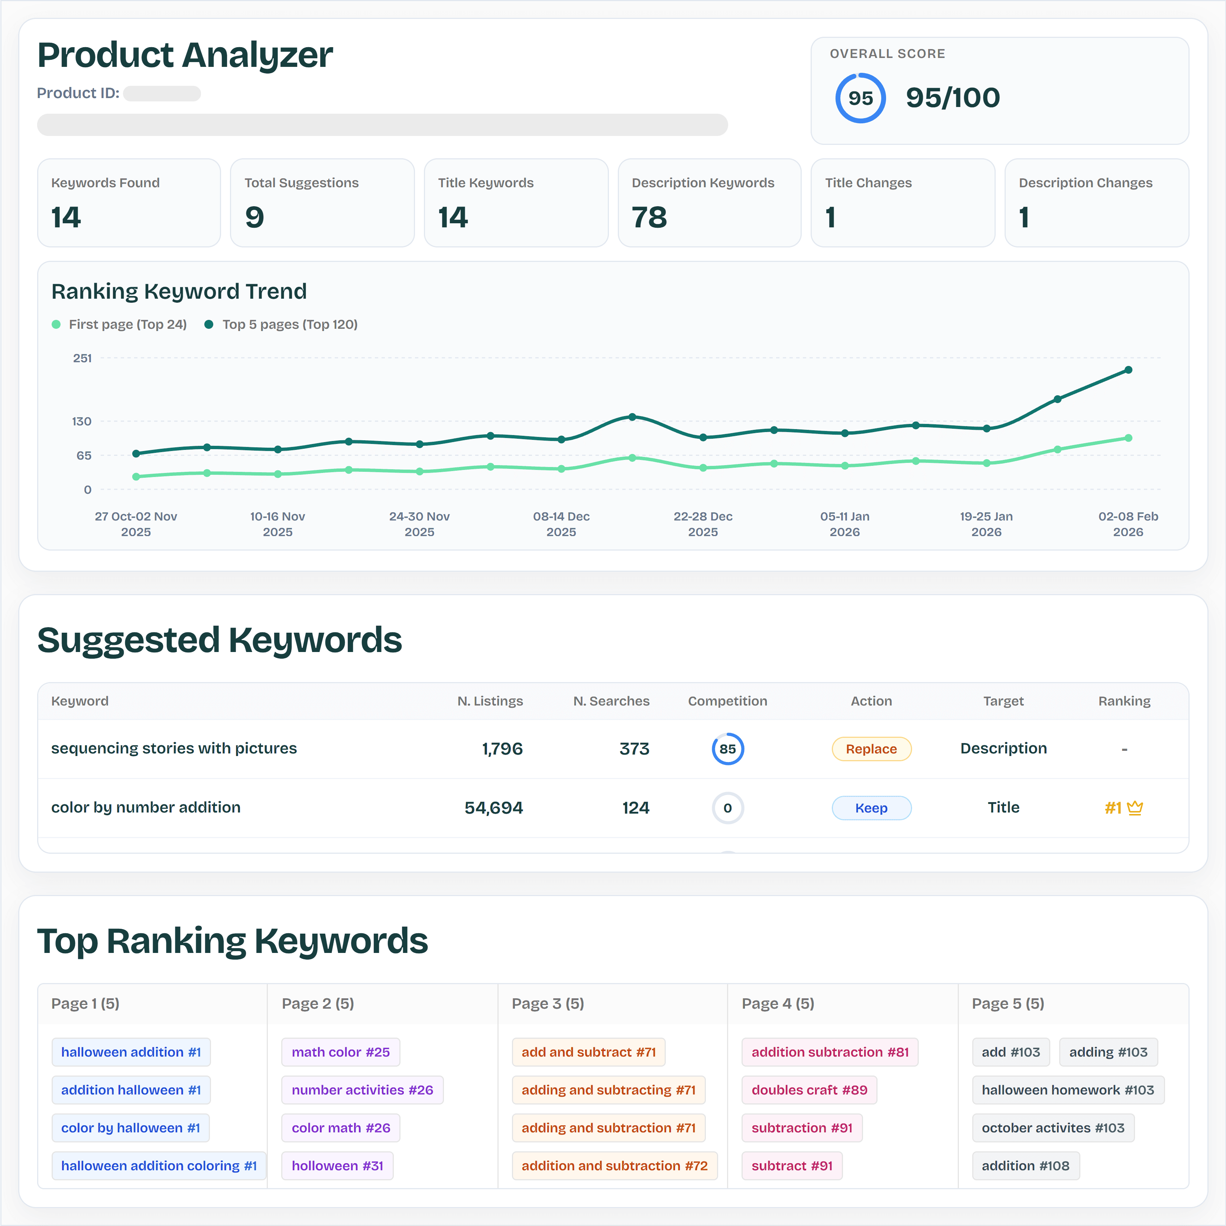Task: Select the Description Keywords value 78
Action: [649, 218]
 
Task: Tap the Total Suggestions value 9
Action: [254, 218]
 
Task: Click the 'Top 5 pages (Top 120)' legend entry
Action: [281, 324]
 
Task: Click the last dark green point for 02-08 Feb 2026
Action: [1128, 370]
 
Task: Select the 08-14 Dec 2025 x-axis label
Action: [561, 524]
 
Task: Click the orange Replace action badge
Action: [871, 749]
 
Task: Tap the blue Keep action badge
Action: [871, 808]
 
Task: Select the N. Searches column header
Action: [611, 701]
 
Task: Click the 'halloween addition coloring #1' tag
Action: [159, 1166]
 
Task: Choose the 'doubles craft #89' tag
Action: [809, 1090]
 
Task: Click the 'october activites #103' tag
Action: [1053, 1128]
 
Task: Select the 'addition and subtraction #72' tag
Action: [614, 1166]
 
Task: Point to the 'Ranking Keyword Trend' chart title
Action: [179, 291]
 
